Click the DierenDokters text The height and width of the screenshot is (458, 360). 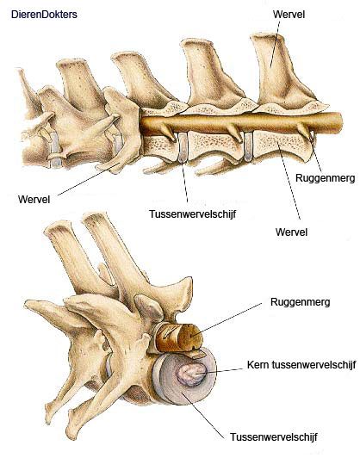tap(44, 15)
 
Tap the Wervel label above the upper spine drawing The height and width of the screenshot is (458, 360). tap(289, 14)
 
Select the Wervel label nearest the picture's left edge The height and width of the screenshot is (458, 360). tap(34, 199)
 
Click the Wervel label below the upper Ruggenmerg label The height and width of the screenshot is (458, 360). tap(291, 232)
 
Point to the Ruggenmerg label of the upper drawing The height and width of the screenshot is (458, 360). tap(326, 178)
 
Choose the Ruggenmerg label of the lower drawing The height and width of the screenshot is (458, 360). tap(300, 301)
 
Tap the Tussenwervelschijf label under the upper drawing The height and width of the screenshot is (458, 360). tap(192, 214)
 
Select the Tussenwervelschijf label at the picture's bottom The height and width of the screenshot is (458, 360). tap(274, 437)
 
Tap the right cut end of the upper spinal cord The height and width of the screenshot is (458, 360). tap(338, 122)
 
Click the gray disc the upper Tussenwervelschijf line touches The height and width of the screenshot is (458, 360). tap(183, 147)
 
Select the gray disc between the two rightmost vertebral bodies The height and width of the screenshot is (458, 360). tap(248, 146)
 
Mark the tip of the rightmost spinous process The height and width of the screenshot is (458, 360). tap(267, 36)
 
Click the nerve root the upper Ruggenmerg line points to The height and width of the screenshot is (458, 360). tap(305, 131)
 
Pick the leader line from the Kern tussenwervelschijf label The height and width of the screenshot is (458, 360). tap(220, 371)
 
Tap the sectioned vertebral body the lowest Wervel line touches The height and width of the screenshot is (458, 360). tap(281, 145)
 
